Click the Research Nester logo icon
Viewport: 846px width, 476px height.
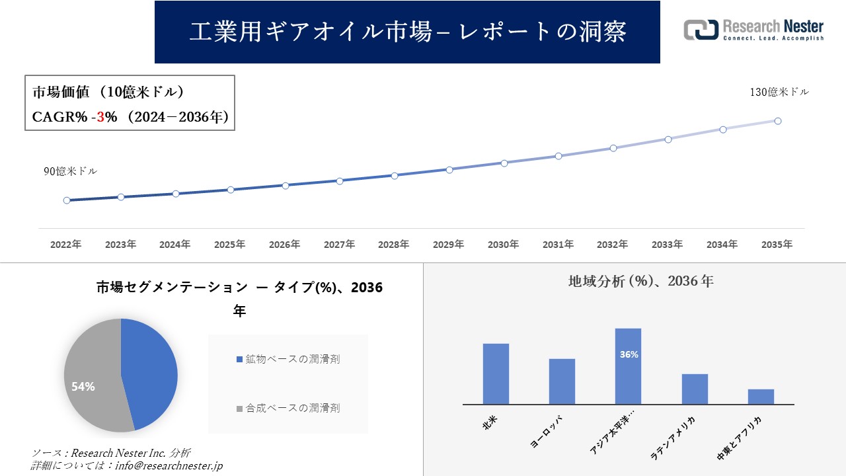pos(701,30)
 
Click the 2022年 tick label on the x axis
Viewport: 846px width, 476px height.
pos(66,245)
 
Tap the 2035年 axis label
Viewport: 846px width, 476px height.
pos(777,245)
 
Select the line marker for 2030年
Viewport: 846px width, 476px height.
pos(504,163)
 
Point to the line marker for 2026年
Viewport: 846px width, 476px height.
pos(286,186)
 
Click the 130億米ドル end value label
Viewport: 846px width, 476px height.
pos(779,93)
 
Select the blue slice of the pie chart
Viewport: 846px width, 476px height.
pos(149,370)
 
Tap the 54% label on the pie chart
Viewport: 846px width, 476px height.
pos(83,387)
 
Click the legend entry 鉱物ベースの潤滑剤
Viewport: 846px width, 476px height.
pos(288,359)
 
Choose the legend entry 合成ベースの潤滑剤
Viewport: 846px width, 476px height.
pos(288,409)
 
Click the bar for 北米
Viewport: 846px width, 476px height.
pos(496,374)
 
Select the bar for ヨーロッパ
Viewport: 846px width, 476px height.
pos(562,381)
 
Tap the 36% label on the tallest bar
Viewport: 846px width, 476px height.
pos(629,354)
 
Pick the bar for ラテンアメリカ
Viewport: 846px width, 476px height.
pos(695,389)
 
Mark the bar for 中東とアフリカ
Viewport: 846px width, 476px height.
pos(761,397)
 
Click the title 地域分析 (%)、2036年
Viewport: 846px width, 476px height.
pos(640,281)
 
